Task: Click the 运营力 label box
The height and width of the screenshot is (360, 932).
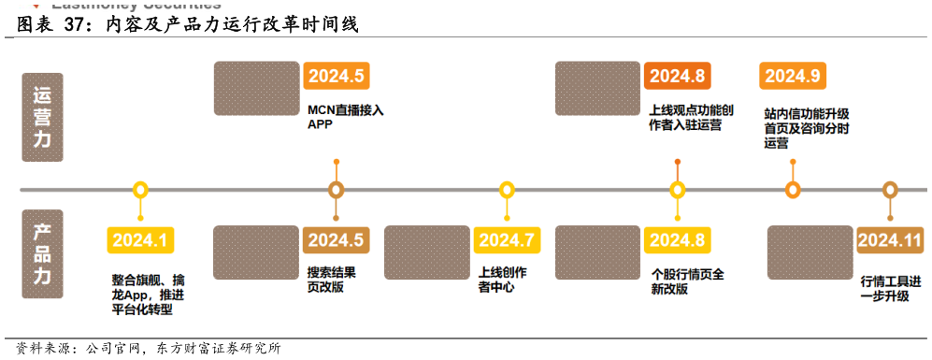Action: pos(42,117)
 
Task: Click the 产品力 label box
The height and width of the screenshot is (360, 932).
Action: pos(42,253)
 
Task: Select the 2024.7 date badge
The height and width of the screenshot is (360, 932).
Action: pos(507,240)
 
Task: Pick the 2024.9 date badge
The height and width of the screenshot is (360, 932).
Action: pos(793,76)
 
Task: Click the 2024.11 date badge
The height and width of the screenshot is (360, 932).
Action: pos(890,240)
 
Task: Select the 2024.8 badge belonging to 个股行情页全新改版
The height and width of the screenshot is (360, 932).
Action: pos(677,240)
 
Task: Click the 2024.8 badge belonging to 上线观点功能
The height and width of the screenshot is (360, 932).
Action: pos(677,76)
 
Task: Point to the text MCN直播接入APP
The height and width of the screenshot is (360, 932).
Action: pos(345,116)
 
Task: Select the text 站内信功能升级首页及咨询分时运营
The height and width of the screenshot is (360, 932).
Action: pos(806,128)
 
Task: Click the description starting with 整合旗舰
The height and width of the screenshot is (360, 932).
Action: pos(148,294)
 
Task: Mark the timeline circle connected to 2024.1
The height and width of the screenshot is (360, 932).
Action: pos(140,190)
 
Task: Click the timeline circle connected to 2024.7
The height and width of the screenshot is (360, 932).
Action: pos(507,190)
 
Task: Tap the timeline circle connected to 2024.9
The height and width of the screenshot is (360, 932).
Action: pos(793,190)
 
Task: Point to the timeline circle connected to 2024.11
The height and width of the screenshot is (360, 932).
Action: pos(890,190)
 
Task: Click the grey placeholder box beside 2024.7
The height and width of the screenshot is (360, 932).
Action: pos(427,252)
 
